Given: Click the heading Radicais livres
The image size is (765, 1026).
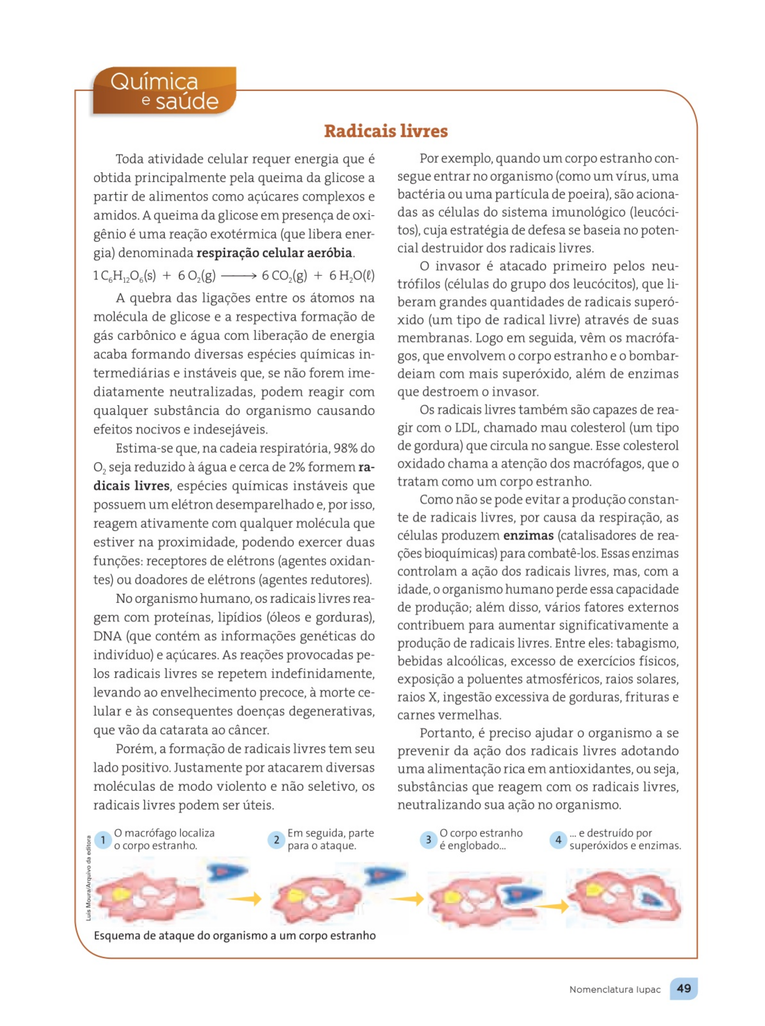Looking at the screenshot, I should (x=386, y=131).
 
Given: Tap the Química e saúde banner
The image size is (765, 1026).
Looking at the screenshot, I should (x=164, y=91).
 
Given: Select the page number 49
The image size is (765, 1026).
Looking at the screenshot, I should (x=684, y=988).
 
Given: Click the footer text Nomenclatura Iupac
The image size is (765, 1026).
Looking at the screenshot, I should (x=615, y=989).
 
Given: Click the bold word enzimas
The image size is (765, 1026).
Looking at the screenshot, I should (x=528, y=536).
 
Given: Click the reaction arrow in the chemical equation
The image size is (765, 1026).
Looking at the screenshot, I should (x=239, y=276).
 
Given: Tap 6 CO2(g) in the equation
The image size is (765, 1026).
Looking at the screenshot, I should (x=284, y=276).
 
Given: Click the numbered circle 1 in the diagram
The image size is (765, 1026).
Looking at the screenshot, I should (x=103, y=840).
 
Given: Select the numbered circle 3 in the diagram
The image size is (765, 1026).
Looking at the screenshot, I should (x=428, y=840).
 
